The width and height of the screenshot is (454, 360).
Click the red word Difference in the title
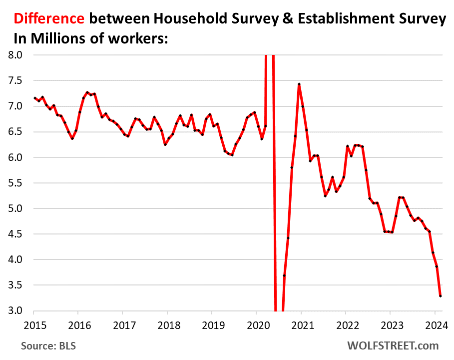pos(48,18)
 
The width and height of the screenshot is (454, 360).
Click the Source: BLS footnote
pos(48,345)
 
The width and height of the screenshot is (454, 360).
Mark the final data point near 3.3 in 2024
pos(440,296)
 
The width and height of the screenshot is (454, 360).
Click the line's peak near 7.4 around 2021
pos(299,84)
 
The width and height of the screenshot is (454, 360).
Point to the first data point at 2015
pos(34,98)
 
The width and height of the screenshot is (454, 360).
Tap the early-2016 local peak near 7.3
pos(87,92)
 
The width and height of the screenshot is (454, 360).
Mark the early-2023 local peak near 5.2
pos(400,197)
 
